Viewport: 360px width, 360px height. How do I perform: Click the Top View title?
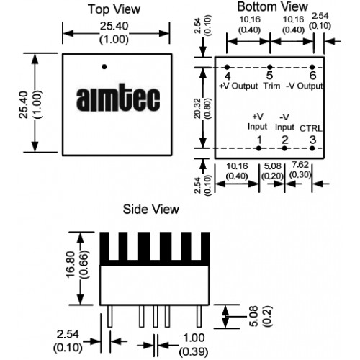pos(114,9)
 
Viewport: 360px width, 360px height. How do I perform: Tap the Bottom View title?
pos(272,6)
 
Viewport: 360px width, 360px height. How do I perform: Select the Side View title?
pos(151,209)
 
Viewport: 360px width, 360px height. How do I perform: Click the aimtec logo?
pos(118,99)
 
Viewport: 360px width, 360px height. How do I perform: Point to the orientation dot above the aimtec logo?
pos(104,67)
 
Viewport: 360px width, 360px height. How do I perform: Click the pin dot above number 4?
pos(227,67)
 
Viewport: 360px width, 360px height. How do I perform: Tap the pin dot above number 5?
pos(270,67)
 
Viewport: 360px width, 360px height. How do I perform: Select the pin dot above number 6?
pos(312,67)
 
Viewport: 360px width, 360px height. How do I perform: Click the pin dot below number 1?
pos(258,148)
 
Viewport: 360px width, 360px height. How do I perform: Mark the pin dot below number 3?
pos(312,148)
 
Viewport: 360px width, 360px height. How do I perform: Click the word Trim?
pos(271,86)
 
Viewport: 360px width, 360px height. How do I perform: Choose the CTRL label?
pos(311,129)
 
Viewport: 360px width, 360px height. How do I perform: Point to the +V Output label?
pos(238,86)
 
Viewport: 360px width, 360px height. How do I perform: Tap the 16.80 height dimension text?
pos(71,265)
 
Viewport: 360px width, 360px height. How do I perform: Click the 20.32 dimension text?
pos(197,108)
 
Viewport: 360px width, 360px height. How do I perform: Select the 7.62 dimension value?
pos(300,165)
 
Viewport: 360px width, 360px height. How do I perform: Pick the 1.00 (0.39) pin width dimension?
pos(194,345)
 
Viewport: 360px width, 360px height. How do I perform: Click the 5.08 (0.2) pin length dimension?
pos(260,316)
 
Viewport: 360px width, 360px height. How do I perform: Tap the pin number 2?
pos(285,140)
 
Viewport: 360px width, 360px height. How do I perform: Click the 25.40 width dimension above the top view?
pos(114,32)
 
